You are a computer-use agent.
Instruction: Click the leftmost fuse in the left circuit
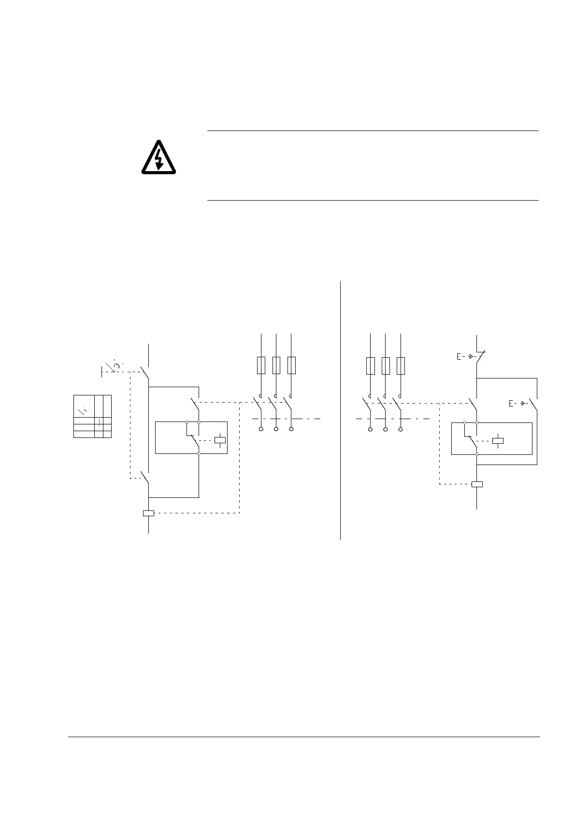(x=261, y=365)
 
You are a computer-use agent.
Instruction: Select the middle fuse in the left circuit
(x=276, y=365)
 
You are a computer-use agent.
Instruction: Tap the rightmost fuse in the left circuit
(x=291, y=365)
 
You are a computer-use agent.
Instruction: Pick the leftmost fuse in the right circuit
(x=370, y=366)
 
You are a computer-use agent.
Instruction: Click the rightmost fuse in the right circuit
(x=401, y=366)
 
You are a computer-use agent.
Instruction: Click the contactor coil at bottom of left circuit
(x=148, y=513)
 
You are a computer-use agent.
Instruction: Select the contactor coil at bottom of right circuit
(x=477, y=484)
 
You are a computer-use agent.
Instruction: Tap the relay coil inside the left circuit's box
(x=220, y=440)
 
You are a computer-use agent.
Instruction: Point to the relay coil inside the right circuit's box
(x=498, y=440)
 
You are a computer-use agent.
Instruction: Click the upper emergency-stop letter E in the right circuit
(x=459, y=357)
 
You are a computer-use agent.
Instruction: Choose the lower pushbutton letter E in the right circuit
(x=511, y=403)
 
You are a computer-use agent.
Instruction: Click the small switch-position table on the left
(x=92, y=416)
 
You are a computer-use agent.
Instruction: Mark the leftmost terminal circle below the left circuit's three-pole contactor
(x=261, y=429)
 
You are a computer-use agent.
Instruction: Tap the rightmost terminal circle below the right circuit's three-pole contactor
(x=401, y=429)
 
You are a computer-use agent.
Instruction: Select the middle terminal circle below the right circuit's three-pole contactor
(x=385, y=429)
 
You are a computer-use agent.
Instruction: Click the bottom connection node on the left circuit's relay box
(x=199, y=453)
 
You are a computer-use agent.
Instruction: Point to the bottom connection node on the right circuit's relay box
(x=477, y=454)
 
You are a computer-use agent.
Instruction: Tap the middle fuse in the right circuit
(x=385, y=366)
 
